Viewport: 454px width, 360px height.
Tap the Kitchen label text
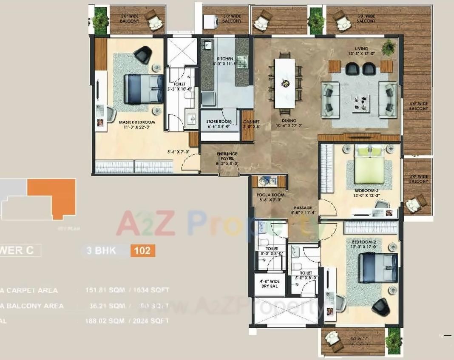[x=225, y=59]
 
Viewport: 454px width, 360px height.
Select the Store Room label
[x=219, y=122]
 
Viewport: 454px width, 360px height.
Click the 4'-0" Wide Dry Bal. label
[x=270, y=283]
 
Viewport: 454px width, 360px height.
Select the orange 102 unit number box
[x=142, y=250]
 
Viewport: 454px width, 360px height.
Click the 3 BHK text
[x=101, y=250]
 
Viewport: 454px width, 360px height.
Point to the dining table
[x=285, y=83]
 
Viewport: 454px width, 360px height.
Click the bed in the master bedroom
[x=143, y=89]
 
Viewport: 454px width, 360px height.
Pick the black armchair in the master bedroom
[x=142, y=54]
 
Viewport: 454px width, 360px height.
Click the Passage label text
[x=302, y=208]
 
